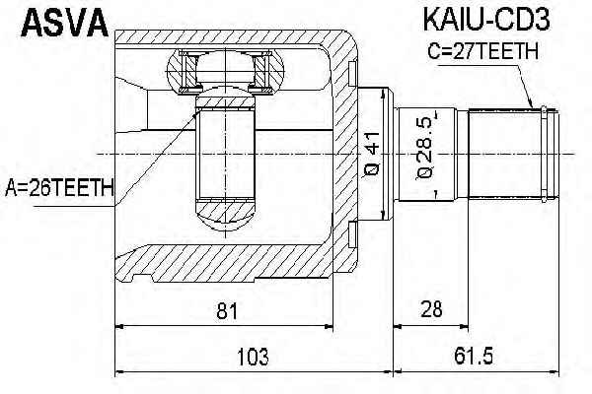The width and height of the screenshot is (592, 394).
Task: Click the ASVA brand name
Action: (x=64, y=23)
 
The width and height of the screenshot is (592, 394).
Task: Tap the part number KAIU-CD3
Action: (x=485, y=19)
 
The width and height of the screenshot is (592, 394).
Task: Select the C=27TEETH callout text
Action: (x=482, y=51)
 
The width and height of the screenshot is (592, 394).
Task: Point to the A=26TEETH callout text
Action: (x=59, y=187)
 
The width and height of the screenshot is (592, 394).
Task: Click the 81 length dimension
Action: (x=227, y=311)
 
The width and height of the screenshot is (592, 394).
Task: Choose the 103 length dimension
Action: (x=253, y=357)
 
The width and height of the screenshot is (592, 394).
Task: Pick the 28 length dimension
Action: (x=432, y=309)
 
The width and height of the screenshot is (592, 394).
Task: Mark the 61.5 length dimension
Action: (x=474, y=356)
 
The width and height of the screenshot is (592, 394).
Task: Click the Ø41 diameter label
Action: (x=372, y=155)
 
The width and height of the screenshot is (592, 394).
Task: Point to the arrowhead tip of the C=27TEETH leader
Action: (x=532, y=108)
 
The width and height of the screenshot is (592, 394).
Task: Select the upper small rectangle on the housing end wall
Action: (x=352, y=74)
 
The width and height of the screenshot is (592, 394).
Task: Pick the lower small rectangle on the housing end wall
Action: (x=352, y=234)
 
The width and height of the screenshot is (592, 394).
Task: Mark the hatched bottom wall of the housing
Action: (x=223, y=263)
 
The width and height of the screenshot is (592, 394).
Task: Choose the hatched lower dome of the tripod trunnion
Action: (x=225, y=216)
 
